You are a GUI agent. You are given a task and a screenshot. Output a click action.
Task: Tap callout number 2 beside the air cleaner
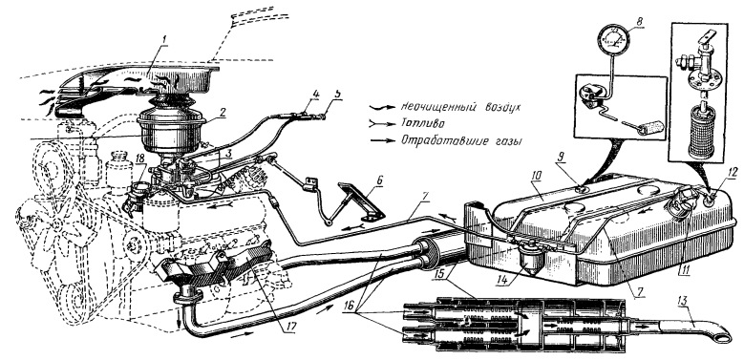pyautogui.click(x=223, y=113)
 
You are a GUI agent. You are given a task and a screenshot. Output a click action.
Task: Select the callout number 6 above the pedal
pyautogui.click(x=379, y=180)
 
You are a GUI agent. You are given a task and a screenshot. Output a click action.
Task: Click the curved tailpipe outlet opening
pyautogui.click(x=721, y=336)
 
